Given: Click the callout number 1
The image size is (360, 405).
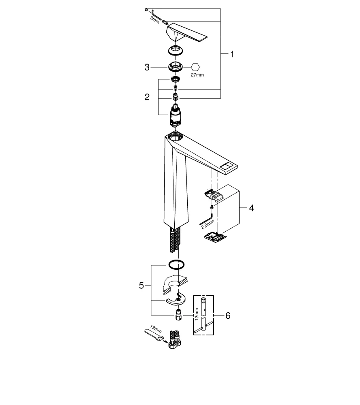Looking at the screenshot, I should tap(232, 54).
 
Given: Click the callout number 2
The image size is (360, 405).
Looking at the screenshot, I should tap(148, 97).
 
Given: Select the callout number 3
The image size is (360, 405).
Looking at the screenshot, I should tap(148, 67).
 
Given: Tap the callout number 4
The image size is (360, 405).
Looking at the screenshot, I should tap(251, 208).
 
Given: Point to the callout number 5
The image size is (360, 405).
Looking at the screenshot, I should tap(141, 286).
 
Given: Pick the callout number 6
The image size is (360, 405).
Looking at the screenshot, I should tap(227, 315).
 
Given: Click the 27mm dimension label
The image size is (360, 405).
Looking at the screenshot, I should tap(197, 75).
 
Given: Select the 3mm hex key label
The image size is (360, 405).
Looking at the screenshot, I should tap(154, 19).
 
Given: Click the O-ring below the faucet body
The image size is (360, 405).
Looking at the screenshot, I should tap(177, 264).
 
